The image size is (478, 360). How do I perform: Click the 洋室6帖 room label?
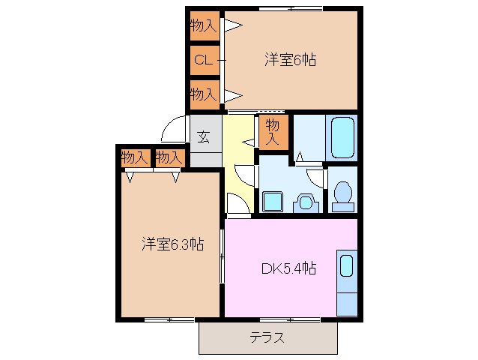[289, 60]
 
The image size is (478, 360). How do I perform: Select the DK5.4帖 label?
[288, 267]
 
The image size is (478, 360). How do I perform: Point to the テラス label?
[267, 337]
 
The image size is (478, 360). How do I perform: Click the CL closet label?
[203, 60]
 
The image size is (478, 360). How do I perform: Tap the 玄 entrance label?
[204, 136]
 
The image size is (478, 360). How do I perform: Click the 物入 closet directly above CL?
[203, 25]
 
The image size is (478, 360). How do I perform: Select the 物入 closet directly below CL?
[203, 94]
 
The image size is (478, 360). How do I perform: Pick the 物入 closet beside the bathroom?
[273, 132]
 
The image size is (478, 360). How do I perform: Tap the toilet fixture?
[342, 193]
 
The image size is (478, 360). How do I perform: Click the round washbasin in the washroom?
[304, 202]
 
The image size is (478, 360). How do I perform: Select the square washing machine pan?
[271, 201]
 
